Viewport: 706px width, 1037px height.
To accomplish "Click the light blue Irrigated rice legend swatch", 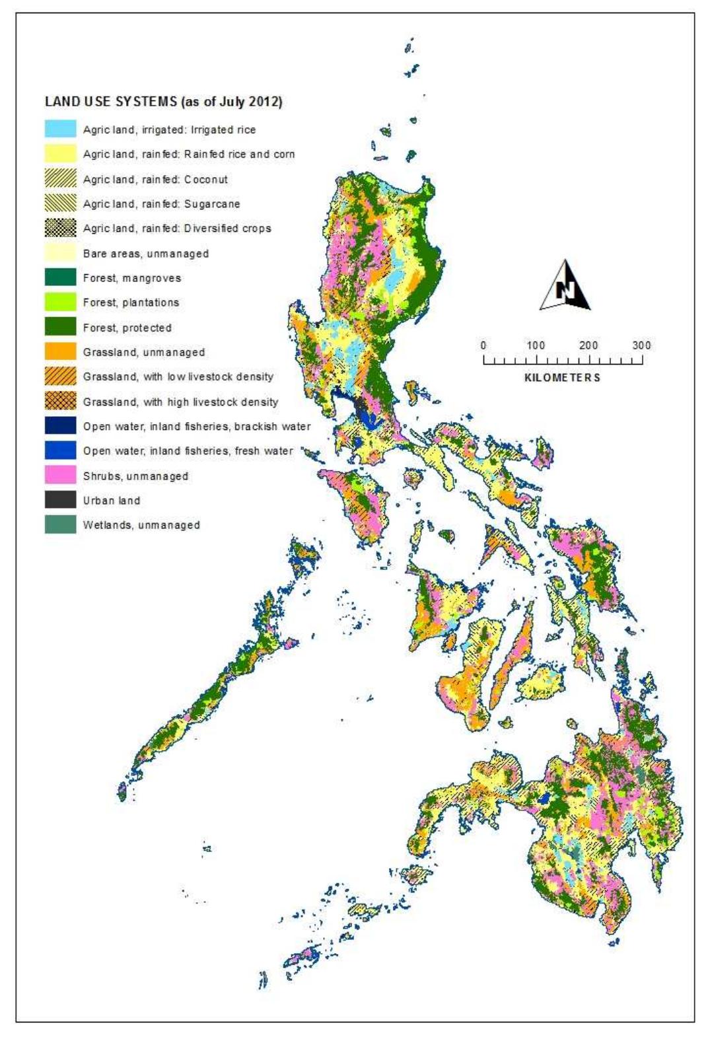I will tap(60, 129).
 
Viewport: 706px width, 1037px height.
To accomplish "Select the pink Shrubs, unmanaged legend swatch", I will tap(60, 475).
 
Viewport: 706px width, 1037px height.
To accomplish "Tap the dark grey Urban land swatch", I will tap(60, 500).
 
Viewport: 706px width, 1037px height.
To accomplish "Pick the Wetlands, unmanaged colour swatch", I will tap(60, 524).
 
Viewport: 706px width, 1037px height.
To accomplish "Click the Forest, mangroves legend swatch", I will tap(60, 277).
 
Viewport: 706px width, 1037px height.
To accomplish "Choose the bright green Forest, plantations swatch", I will tap(60, 302).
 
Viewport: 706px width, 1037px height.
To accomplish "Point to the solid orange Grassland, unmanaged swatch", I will tap(60, 351).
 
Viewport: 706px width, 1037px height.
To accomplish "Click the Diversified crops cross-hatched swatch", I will tap(60, 228).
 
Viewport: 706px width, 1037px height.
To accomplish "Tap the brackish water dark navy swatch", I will tap(60, 425).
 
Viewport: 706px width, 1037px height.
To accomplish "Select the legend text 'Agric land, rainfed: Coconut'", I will tap(155, 179).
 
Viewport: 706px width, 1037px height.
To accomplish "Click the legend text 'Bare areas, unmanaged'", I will tap(145, 253).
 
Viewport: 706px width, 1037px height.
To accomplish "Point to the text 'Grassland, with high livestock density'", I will tap(180, 402).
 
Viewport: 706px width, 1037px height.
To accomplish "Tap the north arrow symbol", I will tap(565, 286).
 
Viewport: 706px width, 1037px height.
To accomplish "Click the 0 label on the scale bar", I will tap(483, 345).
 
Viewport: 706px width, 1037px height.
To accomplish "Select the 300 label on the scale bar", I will tap(641, 345).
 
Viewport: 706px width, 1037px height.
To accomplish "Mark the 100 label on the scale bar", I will tap(536, 345).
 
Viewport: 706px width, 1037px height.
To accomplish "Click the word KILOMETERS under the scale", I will tap(562, 377).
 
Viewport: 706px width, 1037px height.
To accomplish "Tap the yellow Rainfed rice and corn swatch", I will tap(60, 153).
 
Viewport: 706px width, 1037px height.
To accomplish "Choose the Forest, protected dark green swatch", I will tap(60, 327).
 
